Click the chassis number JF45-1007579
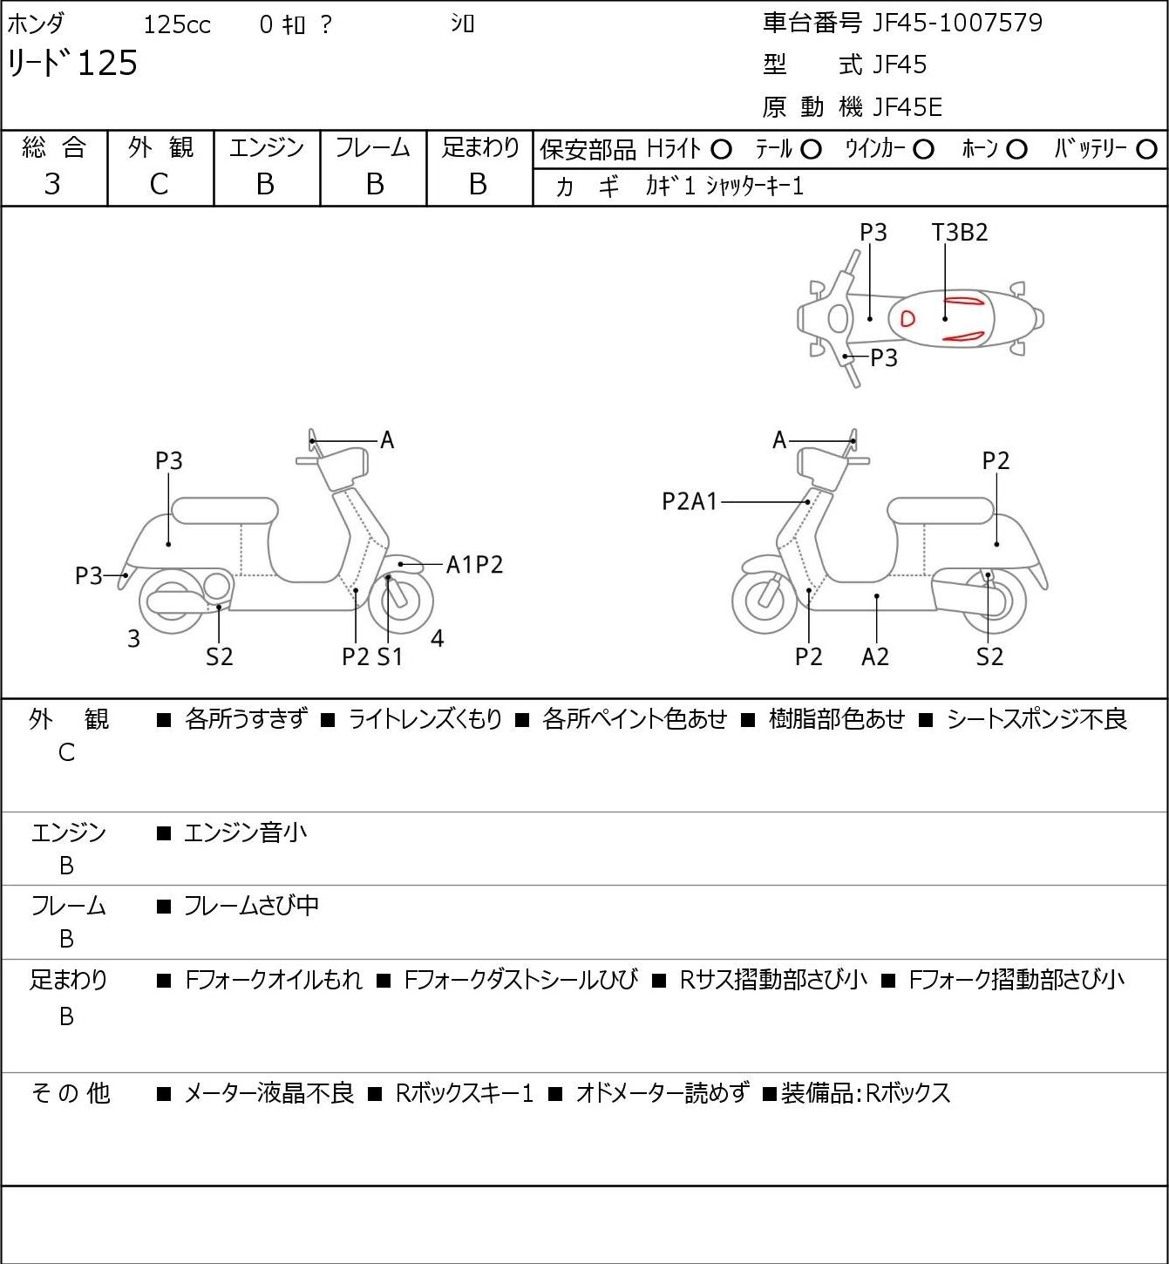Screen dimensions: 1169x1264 click(x=957, y=23)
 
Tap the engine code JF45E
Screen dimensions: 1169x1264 click(x=907, y=107)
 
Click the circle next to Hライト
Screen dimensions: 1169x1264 click(x=721, y=150)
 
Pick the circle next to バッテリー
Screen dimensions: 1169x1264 click(x=1146, y=150)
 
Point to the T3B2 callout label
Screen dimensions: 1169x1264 click(x=960, y=232)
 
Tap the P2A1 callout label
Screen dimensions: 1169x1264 click(x=690, y=501)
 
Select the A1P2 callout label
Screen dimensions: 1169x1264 click(x=474, y=565)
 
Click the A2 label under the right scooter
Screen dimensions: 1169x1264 click(x=875, y=656)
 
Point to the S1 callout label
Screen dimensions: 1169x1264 click(x=391, y=656)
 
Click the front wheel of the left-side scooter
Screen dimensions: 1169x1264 click(x=400, y=601)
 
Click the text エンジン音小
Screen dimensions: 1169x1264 click(x=245, y=832)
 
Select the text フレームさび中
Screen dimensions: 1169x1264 click(x=251, y=906)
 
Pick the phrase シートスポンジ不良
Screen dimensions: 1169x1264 click(x=1036, y=719)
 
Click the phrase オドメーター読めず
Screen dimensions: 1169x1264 click(x=663, y=1093)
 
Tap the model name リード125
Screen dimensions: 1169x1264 click(x=72, y=63)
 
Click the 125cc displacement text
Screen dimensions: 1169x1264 click(x=177, y=24)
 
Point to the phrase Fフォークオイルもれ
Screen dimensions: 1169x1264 click(x=273, y=980)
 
